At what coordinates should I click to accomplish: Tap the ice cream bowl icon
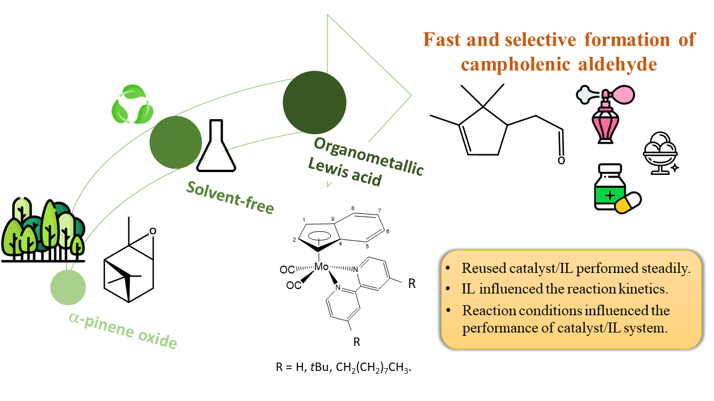pos(660,153)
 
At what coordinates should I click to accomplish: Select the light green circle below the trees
pos(68,287)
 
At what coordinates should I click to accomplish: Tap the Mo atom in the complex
pos(321,267)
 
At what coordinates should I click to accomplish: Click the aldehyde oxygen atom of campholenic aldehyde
pos(561,160)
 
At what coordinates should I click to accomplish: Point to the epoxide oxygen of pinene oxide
pos(153,231)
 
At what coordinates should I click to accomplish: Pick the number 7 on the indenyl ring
pos(379,211)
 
